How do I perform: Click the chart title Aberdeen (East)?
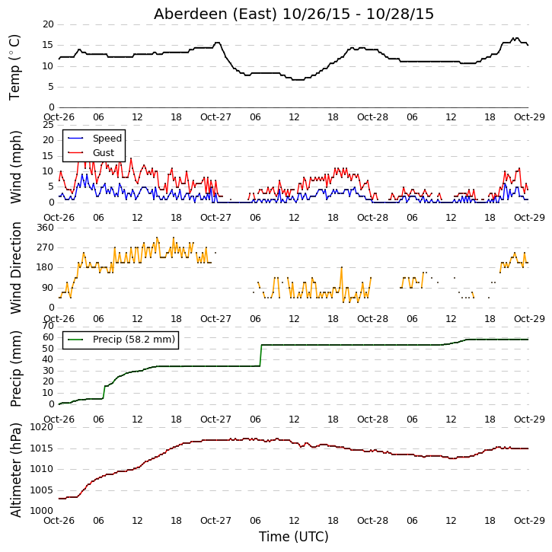click(x=215, y=14)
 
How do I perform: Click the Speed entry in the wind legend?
click(x=107, y=139)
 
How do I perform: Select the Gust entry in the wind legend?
click(x=104, y=153)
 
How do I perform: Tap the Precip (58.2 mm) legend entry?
click(x=134, y=340)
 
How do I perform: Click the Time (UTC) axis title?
click(x=294, y=537)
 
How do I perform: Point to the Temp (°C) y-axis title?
click(x=14, y=67)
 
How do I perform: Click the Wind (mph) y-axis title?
click(x=15, y=167)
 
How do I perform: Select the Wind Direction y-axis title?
click(x=15, y=267)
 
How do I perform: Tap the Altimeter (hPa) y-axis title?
click(x=15, y=470)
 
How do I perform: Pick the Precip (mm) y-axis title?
click(x=15, y=369)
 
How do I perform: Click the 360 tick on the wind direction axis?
click(x=46, y=228)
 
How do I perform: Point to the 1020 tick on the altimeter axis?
click(x=42, y=427)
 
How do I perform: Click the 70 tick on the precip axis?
click(x=48, y=326)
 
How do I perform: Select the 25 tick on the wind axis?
click(x=48, y=125)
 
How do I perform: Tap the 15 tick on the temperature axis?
click(x=48, y=45)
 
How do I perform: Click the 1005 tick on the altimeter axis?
click(x=42, y=490)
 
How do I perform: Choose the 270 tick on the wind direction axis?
click(x=46, y=247)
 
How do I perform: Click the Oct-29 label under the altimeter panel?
click(x=529, y=520)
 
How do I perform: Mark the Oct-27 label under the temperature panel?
click(x=215, y=117)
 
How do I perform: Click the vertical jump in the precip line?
click(x=261, y=356)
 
